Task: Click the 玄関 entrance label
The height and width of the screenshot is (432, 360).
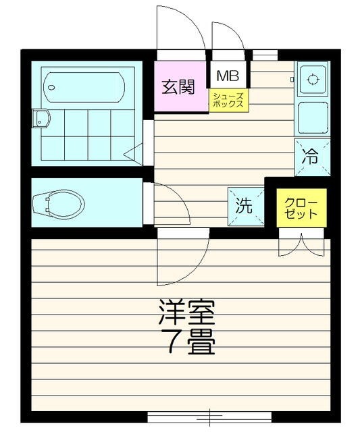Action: [179, 86]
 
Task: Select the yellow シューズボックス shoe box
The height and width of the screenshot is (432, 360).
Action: [228, 101]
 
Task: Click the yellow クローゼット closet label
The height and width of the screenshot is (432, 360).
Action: [301, 209]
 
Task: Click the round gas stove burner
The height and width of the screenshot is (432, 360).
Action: [313, 80]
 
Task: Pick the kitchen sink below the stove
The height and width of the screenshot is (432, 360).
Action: [313, 119]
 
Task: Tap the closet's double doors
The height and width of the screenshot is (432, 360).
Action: [301, 244]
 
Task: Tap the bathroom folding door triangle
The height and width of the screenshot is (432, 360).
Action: [134, 152]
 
